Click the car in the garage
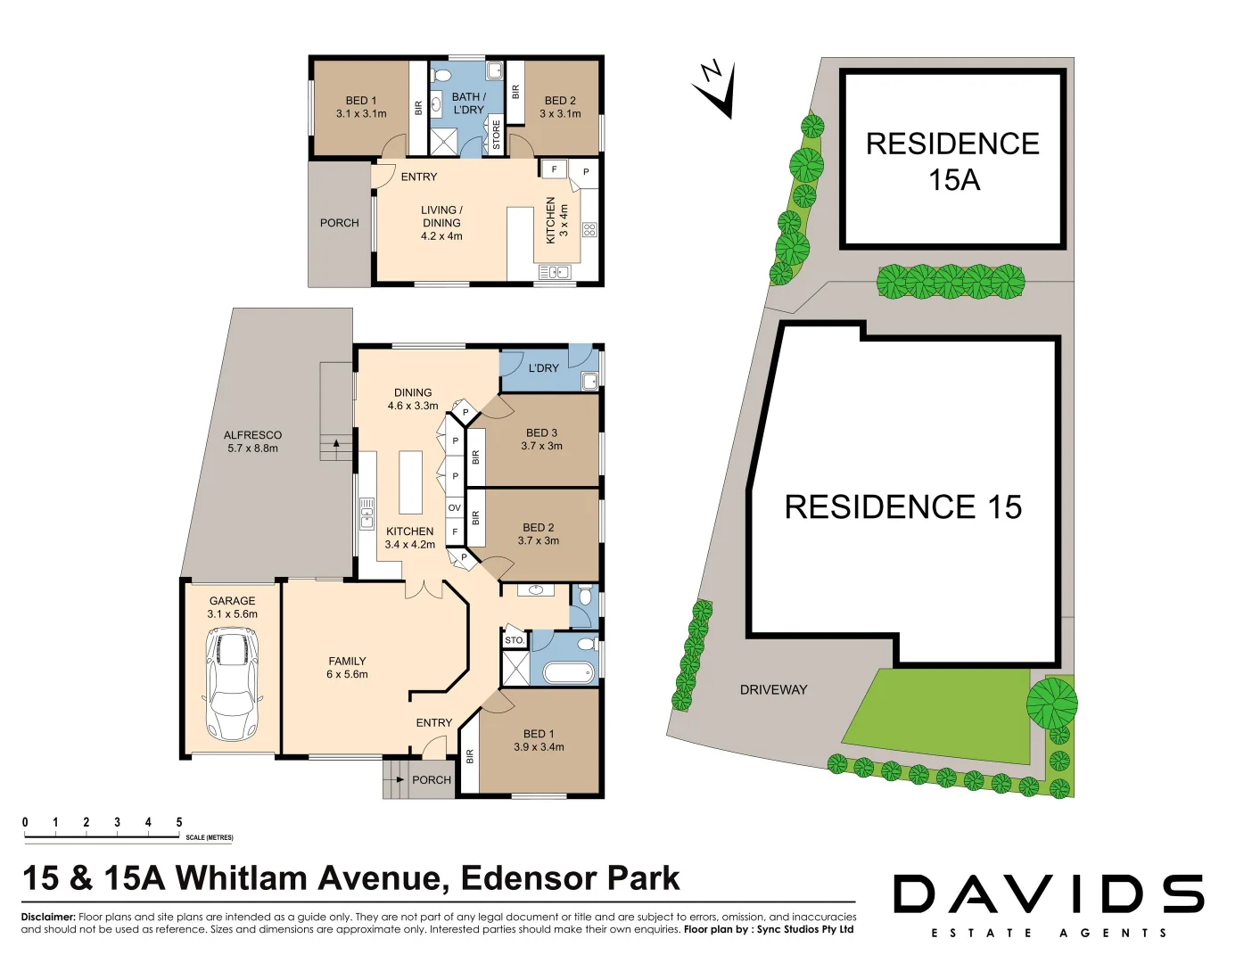tap(232, 684)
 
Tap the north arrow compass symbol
tap(716, 88)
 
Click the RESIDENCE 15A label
tap(952, 161)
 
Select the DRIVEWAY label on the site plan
tap(773, 689)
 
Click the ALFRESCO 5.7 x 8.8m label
tap(252, 441)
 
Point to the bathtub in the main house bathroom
tap(568, 672)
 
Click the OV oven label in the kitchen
tap(455, 508)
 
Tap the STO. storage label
tap(515, 640)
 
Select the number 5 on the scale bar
tap(179, 822)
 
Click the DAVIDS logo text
tap(1049, 894)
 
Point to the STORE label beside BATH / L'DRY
tap(497, 135)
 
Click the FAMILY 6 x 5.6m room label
tap(347, 667)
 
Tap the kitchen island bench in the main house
tap(410, 482)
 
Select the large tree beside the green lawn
tap(1051, 702)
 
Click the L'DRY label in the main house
tap(543, 367)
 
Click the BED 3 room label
tap(541, 439)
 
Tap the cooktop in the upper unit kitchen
tap(589, 230)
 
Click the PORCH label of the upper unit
tap(339, 223)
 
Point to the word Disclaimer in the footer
tap(48, 917)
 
